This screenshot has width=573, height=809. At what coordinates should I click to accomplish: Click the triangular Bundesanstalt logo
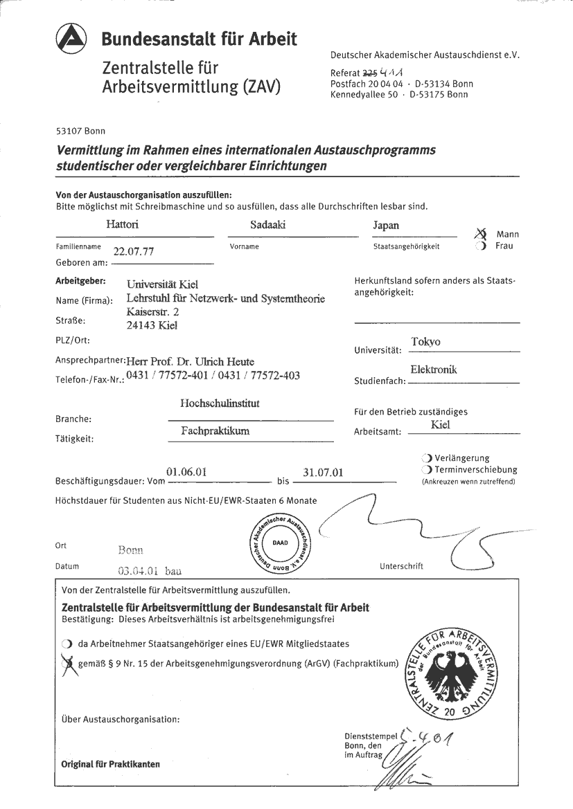click(71, 39)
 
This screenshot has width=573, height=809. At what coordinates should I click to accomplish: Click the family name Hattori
click(122, 225)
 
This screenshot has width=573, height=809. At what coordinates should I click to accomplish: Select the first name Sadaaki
click(267, 225)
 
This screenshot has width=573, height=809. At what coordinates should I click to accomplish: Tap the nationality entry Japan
click(386, 226)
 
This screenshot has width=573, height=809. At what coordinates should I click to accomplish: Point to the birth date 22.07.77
click(134, 252)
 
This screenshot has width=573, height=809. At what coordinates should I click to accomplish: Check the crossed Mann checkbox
click(480, 235)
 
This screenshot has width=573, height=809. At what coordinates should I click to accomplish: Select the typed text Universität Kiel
click(163, 284)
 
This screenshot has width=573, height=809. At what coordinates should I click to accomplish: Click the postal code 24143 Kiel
click(152, 325)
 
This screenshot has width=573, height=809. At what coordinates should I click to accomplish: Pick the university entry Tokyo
click(425, 342)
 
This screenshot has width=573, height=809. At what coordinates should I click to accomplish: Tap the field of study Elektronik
click(434, 370)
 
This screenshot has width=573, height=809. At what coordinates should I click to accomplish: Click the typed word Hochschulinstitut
click(220, 403)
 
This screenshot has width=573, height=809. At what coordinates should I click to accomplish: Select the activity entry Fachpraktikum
click(215, 430)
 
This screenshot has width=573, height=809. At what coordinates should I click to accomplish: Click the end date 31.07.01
click(323, 473)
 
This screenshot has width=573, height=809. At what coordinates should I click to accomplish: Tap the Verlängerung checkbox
click(426, 458)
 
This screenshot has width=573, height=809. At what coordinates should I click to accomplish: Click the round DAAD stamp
click(281, 543)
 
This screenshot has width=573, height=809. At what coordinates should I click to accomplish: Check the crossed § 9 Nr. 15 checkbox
click(67, 663)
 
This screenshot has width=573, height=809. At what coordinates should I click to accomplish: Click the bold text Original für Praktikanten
click(110, 764)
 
